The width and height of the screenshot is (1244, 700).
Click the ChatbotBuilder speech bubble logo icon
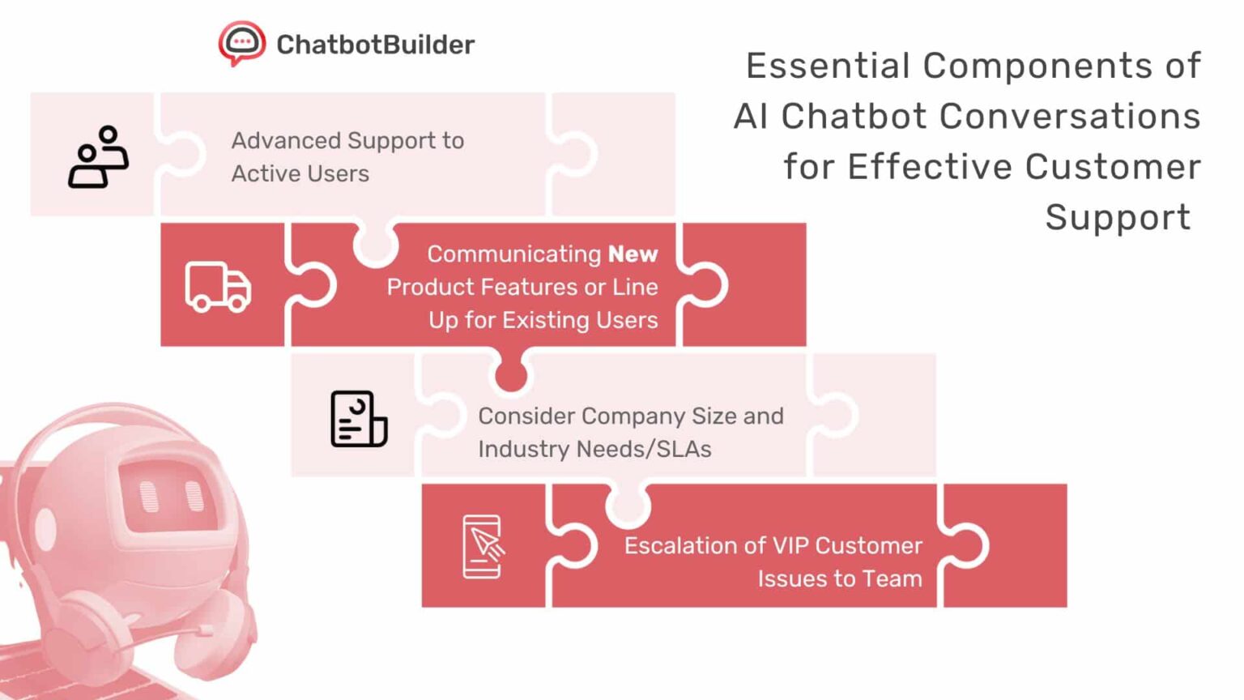coord(241,43)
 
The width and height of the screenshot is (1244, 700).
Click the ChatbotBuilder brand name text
coord(375,45)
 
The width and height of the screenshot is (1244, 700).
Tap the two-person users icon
coord(98,156)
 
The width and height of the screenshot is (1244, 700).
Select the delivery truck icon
coord(218,287)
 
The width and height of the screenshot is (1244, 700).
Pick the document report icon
coord(358,419)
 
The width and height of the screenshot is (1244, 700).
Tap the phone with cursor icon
coord(483,546)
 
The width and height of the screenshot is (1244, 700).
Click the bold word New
coord(633,254)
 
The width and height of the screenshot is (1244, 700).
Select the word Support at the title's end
coord(1117,218)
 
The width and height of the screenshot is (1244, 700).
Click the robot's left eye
coord(149,497)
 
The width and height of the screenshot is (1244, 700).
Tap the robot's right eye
coord(194,495)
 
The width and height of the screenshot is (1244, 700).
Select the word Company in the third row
coord(633,416)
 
